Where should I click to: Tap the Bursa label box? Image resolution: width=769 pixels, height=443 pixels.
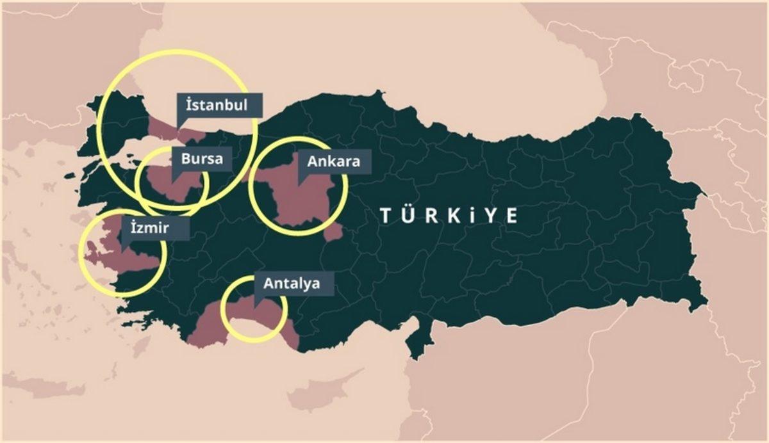click(201, 158)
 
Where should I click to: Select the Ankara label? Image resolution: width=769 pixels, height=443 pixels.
click(334, 161)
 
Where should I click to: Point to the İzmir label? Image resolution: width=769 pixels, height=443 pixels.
click(154, 228)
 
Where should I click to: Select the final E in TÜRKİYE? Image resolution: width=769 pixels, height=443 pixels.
click(511, 215)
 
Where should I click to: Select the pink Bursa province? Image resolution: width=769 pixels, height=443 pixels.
click(170, 186)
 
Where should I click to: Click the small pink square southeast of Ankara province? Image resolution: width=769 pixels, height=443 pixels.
click(333, 232)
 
